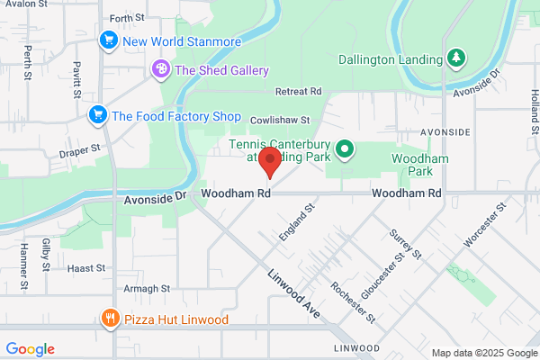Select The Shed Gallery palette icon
pyautogui.click(x=161, y=69)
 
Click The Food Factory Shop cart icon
pyautogui.click(x=97, y=115)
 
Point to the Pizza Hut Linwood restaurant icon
pyautogui.click(x=110, y=319)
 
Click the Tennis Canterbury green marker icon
pyautogui.click(x=343, y=149)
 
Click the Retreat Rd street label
pyautogui.click(x=298, y=92)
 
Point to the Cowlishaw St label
pyautogui.click(x=279, y=119)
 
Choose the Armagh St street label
pyautogui.click(x=147, y=288)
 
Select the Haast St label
pyautogui.click(x=87, y=268)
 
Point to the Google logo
pyautogui.click(x=30, y=349)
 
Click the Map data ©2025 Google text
pyautogui.click(x=482, y=353)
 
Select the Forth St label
pyautogui.click(x=126, y=18)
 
